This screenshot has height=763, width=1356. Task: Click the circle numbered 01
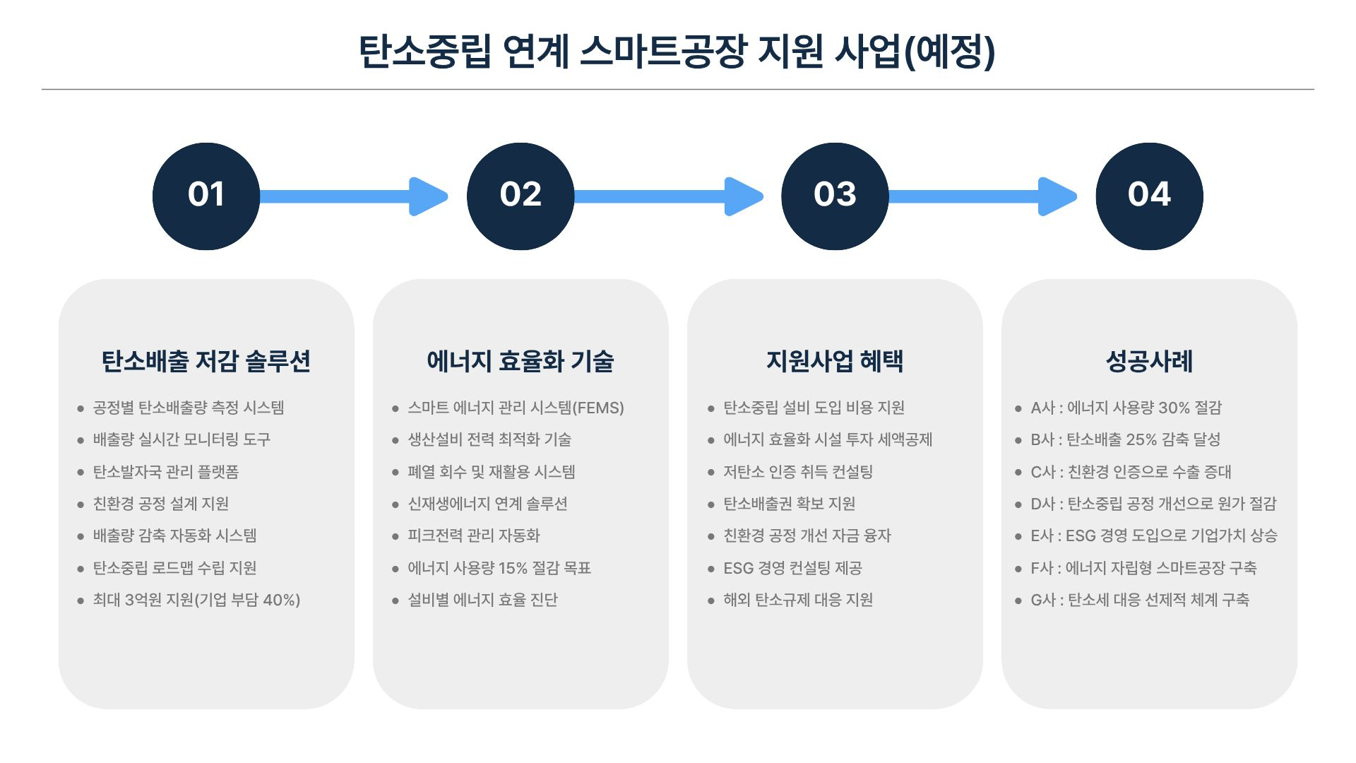click(x=206, y=196)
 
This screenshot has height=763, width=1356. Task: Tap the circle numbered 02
click(x=521, y=196)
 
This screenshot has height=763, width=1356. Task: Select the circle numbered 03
click(x=835, y=196)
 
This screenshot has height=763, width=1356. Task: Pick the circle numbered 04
click(x=1149, y=196)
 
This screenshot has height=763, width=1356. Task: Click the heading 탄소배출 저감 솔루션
click(x=206, y=361)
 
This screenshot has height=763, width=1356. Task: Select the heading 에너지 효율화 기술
click(x=521, y=361)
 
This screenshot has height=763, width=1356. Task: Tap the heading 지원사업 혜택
click(x=835, y=361)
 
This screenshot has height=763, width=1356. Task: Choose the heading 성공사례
click(x=1149, y=361)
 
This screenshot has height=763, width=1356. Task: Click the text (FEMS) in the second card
click(x=598, y=408)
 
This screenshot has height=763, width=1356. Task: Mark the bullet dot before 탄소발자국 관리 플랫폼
click(x=81, y=472)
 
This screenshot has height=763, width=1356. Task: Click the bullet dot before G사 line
click(x=1018, y=601)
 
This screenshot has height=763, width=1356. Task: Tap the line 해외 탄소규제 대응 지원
click(x=798, y=600)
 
